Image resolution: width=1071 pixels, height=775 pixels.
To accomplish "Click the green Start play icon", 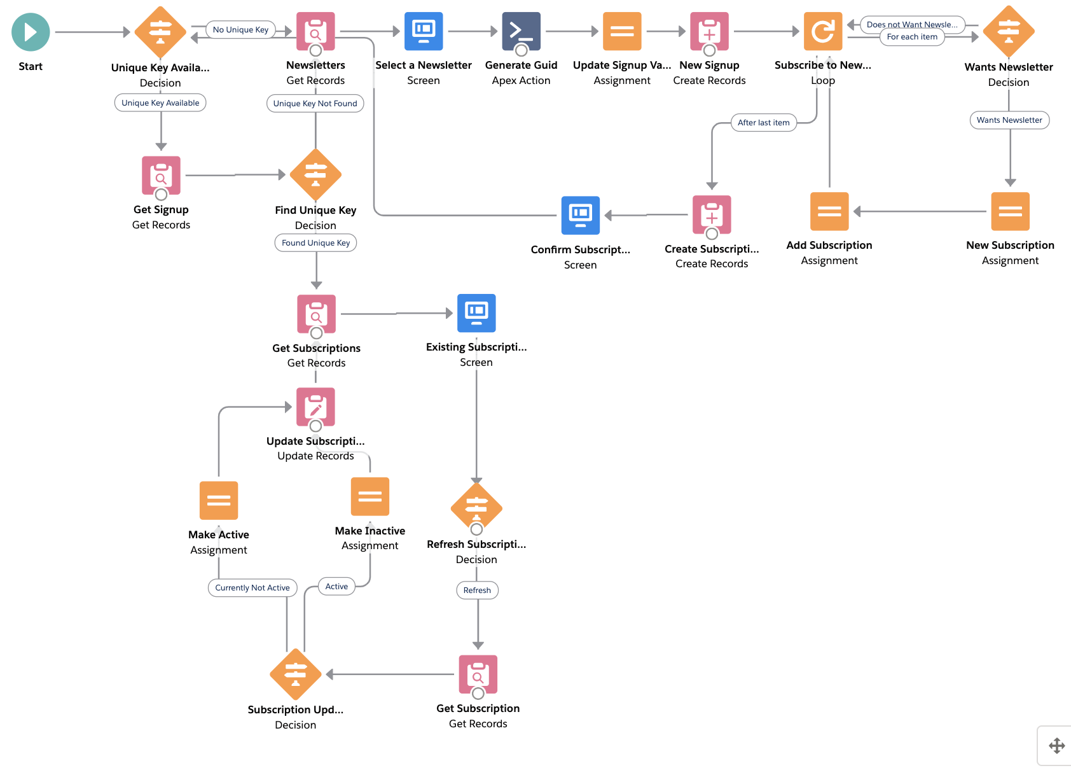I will [x=31, y=32].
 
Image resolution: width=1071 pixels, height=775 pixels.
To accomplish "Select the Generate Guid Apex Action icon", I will [x=521, y=31].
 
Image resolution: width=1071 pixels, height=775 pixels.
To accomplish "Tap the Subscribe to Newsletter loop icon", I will [x=822, y=31].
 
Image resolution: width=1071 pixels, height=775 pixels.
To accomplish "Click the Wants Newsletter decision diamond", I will [x=1008, y=31].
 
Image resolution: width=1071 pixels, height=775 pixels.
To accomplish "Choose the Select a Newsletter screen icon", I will [x=424, y=31].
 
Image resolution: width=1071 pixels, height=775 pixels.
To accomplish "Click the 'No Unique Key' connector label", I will [x=240, y=30].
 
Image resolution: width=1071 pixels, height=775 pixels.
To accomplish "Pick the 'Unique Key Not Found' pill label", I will [x=315, y=104].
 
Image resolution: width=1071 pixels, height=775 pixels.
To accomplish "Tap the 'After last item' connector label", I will [x=763, y=123].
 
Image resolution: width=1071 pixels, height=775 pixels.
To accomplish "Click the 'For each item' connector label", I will [x=911, y=37].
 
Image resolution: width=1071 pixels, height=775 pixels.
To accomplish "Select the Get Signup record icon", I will [x=161, y=175].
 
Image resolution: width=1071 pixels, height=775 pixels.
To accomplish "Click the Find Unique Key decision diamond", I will [x=315, y=174].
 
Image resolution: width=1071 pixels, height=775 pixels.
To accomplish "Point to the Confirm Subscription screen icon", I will [x=580, y=215].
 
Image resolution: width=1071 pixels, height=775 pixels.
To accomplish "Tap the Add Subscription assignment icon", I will [x=829, y=211].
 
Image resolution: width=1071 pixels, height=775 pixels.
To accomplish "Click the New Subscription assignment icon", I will [x=1009, y=211].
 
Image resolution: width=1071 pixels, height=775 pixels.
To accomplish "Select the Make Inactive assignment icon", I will [x=370, y=496].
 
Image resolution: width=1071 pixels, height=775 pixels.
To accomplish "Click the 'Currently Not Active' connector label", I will [x=252, y=588].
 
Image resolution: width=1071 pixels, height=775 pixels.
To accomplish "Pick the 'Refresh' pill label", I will [x=477, y=590].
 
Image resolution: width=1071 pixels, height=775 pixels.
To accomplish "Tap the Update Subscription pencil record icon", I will [x=315, y=407].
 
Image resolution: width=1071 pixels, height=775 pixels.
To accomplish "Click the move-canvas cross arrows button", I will [x=1056, y=746].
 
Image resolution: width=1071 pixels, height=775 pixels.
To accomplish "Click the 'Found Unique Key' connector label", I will [x=315, y=243].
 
